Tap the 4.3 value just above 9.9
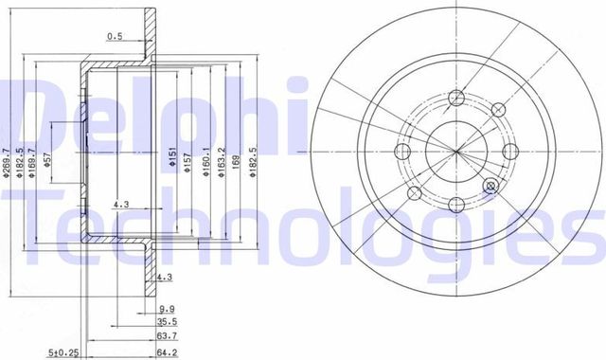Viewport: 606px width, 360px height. tap(164, 277)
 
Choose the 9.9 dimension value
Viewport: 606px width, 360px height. tap(166, 309)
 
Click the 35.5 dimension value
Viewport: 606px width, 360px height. tap(167, 322)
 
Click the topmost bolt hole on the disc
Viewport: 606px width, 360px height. tap(456, 98)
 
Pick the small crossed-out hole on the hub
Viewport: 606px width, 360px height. tap(490, 187)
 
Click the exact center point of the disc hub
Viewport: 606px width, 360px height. tap(456, 152)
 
